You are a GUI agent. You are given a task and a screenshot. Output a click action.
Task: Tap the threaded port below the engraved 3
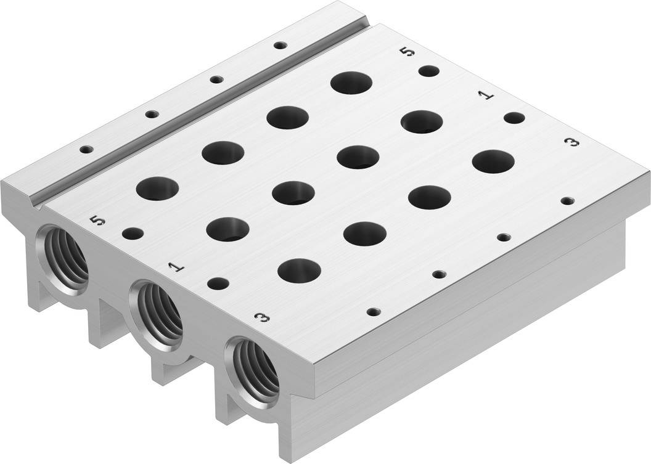click(x=252, y=367)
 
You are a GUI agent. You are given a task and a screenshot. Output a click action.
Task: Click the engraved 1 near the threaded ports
click(x=176, y=266)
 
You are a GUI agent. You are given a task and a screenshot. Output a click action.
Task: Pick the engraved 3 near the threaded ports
click(x=263, y=317)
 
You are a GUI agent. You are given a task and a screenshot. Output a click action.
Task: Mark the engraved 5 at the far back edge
click(x=406, y=52)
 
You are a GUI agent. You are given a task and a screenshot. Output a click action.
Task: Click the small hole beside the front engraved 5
click(x=132, y=234)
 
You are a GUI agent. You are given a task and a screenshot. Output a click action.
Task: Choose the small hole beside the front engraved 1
click(x=218, y=283)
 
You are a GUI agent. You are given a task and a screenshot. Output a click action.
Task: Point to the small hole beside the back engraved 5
click(x=428, y=71)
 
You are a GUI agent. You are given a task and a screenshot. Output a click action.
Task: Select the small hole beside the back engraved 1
click(x=514, y=118)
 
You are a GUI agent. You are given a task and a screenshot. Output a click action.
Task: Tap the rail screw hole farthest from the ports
click(x=280, y=45)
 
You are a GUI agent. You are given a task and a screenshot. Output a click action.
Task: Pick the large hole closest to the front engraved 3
click(x=299, y=270)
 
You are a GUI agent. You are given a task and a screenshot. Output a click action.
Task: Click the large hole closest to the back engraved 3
click(x=493, y=161)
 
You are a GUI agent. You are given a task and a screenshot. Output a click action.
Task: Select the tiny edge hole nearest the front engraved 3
click(x=372, y=311)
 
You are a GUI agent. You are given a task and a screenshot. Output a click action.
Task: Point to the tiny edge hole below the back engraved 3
click(x=567, y=200)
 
